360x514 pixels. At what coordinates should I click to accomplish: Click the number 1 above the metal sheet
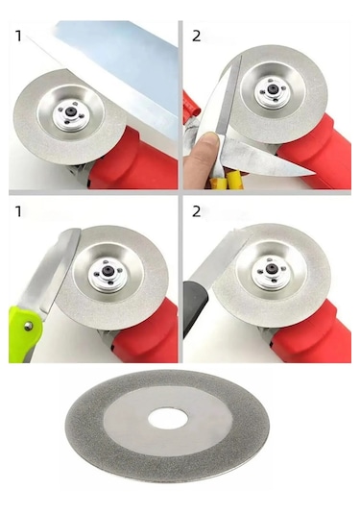17,37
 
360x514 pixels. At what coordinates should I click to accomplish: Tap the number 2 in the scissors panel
196,37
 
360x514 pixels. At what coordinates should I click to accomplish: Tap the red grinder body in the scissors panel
322,149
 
